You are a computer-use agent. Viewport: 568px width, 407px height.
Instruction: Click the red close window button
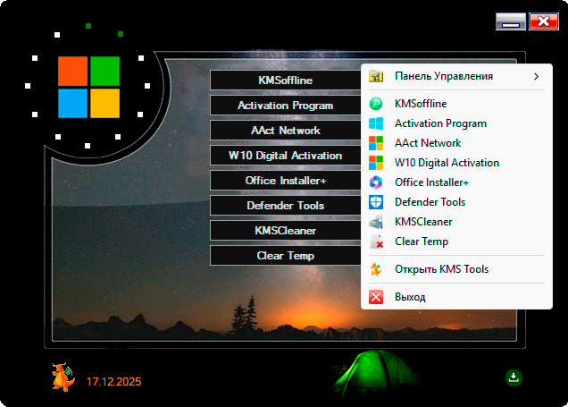tap(543, 22)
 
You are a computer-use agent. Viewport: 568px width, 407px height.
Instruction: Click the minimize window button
tap(511, 22)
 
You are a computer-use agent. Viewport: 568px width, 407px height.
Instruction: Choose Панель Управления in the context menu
tap(444, 76)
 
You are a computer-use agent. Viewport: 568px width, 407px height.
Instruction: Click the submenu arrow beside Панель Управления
tap(536, 76)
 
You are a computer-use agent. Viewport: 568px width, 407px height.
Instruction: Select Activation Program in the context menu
tap(440, 123)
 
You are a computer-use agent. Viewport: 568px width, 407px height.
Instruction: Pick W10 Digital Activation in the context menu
tap(447, 163)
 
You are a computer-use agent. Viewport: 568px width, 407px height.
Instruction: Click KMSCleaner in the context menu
tap(423, 222)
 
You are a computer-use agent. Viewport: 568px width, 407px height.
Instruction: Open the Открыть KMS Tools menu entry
tap(441, 269)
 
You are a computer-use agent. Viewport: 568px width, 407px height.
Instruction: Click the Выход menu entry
tap(410, 297)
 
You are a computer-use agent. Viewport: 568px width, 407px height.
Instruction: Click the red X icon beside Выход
tap(376, 297)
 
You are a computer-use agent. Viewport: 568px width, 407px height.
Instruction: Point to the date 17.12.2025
tap(113, 382)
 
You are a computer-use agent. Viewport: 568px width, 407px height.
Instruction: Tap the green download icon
tap(514, 377)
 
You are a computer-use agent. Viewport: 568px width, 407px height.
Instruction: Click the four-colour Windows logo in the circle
tap(88, 88)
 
